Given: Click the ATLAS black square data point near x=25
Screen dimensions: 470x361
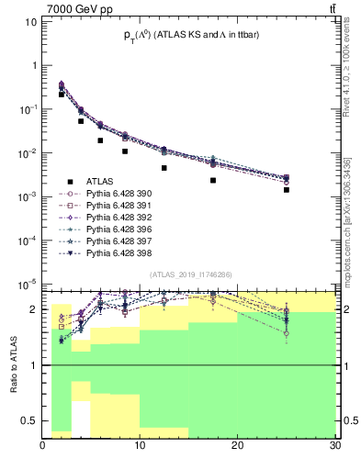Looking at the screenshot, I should (287, 190).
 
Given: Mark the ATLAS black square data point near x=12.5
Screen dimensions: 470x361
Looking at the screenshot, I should (164, 168).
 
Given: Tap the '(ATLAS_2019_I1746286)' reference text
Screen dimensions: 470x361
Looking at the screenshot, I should (190, 274).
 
